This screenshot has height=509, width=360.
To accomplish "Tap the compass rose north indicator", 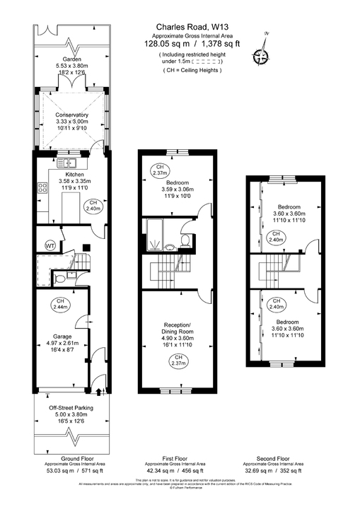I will (x=265, y=56).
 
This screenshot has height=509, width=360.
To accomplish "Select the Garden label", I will (x=71, y=60).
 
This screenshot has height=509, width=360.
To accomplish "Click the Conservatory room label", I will (x=72, y=115).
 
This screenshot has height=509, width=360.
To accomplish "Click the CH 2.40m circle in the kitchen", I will (x=93, y=206).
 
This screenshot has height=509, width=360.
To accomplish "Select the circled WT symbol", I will (x=50, y=245).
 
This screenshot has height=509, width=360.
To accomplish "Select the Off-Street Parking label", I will (x=71, y=409).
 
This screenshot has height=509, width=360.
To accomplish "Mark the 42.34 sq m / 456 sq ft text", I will (x=175, y=469).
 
